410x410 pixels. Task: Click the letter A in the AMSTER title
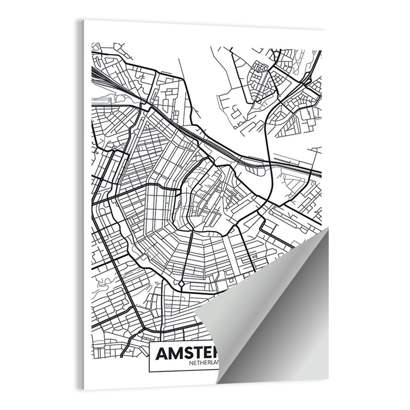162,353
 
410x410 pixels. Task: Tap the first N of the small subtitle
191,362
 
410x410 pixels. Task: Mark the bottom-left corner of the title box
149,371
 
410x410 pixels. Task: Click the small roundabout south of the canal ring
181,283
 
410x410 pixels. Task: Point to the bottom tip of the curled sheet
217,383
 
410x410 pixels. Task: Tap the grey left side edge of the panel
82,205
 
